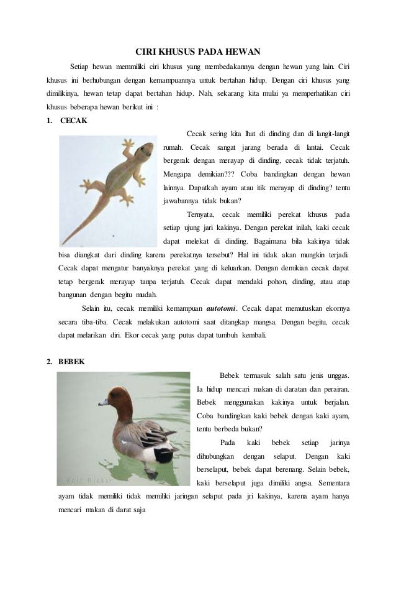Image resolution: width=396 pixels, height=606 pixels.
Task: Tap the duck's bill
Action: (102, 402)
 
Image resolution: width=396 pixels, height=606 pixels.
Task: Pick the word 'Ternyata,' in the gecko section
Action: (200, 215)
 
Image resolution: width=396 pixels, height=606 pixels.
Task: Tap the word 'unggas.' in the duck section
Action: (335, 375)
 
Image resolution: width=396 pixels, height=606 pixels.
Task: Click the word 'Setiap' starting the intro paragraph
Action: (78, 67)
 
